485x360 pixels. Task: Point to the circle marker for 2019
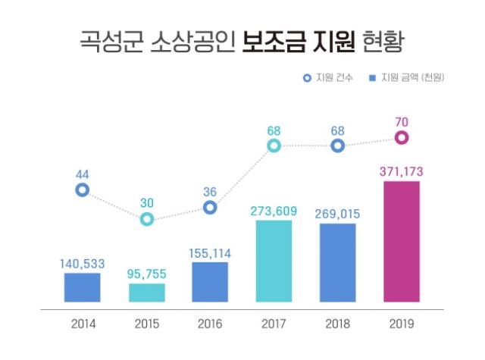tap(402, 137)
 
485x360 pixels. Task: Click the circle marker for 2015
tap(146, 219)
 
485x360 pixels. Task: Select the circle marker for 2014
tap(82, 189)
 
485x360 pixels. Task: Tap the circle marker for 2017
tap(274, 146)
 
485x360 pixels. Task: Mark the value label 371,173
tap(402, 172)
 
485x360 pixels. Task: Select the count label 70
tap(402, 119)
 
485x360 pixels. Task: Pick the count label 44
tap(82, 174)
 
